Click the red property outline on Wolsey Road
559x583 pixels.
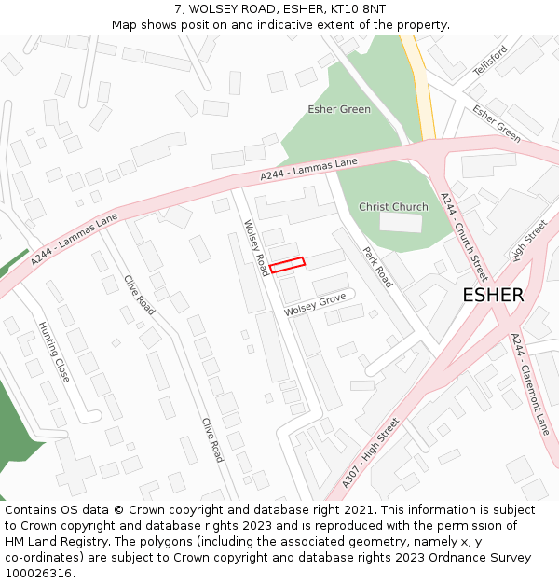coord(288,265)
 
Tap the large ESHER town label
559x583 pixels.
coord(493,295)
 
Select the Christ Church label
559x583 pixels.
coord(393,207)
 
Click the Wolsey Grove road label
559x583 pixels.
coord(315,303)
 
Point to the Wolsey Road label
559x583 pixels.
coord(256,247)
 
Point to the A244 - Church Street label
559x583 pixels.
coord(464,237)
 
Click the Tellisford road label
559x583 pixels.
coord(490,60)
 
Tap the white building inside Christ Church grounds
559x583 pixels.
coord(401,222)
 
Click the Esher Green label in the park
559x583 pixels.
coord(339,109)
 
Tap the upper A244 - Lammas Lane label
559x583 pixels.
coord(309,169)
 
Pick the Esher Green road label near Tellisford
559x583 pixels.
coord(497,123)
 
